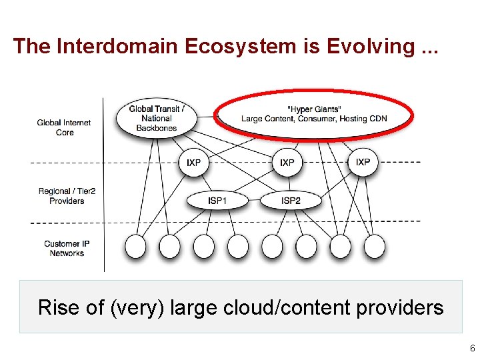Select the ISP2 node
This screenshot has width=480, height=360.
tap(291, 200)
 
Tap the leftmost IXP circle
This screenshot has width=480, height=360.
tap(193, 163)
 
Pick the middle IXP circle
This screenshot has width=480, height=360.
tap(287, 163)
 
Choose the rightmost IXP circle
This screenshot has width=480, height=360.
tap(363, 162)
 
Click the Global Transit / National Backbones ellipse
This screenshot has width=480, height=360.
tap(157, 118)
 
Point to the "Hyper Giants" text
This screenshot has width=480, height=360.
tap(313, 109)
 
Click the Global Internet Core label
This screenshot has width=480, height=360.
tap(65, 127)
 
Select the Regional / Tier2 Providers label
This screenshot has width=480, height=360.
tap(67, 196)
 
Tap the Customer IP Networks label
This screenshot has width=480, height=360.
tap(67, 248)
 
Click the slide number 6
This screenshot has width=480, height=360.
tap(472, 349)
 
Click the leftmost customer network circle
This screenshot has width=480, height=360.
tap(136, 246)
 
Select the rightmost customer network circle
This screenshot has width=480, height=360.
tap(374, 246)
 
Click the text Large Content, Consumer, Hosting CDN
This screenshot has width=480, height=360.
tap(313, 119)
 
